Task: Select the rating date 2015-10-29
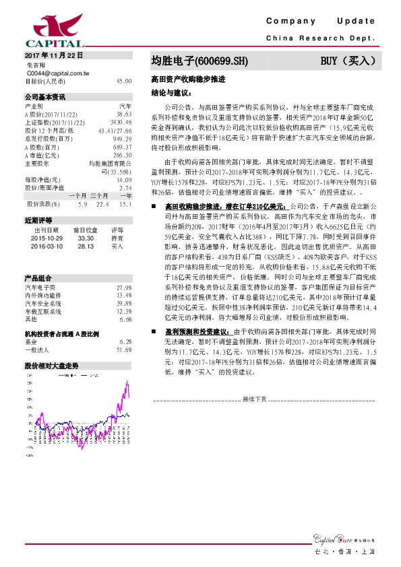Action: pyautogui.click(x=47, y=238)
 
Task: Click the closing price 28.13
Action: pyautogui.click(x=85, y=245)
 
